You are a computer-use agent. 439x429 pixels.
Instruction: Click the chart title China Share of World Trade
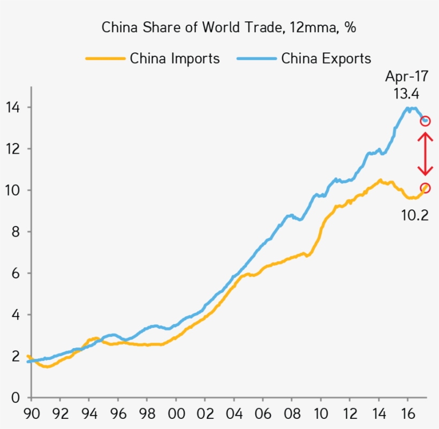click(x=229, y=27)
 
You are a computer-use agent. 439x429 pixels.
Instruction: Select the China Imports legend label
click(x=175, y=58)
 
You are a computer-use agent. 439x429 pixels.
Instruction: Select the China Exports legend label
click(x=326, y=58)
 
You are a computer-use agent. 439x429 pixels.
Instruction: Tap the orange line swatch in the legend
click(x=105, y=58)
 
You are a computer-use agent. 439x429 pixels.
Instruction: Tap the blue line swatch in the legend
click(x=256, y=58)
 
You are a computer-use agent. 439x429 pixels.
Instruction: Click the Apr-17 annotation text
click(x=406, y=76)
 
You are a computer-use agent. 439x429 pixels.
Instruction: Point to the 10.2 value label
click(x=415, y=215)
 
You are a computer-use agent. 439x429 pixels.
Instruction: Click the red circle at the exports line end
click(x=425, y=121)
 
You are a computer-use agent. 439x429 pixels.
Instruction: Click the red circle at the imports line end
click(x=425, y=188)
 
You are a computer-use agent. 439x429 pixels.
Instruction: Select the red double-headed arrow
click(x=425, y=154)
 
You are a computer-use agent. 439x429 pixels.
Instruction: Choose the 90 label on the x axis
click(x=32, y=415)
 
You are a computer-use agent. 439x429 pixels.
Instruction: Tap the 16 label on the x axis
click(x=408, y=415)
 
